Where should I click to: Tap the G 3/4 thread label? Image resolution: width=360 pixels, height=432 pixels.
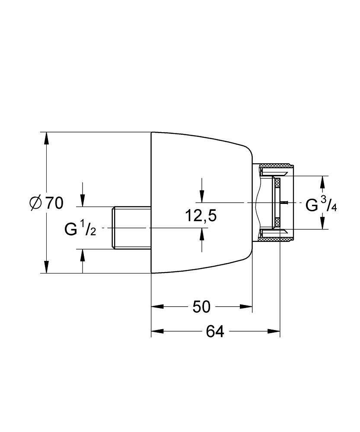[321, 205]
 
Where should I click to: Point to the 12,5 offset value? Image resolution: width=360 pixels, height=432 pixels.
[201, 215]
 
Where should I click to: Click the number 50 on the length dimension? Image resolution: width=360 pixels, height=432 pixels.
[201, 307]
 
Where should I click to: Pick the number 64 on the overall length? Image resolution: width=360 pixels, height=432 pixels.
[215, 331]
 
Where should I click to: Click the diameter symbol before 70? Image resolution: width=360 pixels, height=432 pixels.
[36, 203]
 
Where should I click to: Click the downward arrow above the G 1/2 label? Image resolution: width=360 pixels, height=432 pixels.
[83, 201]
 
